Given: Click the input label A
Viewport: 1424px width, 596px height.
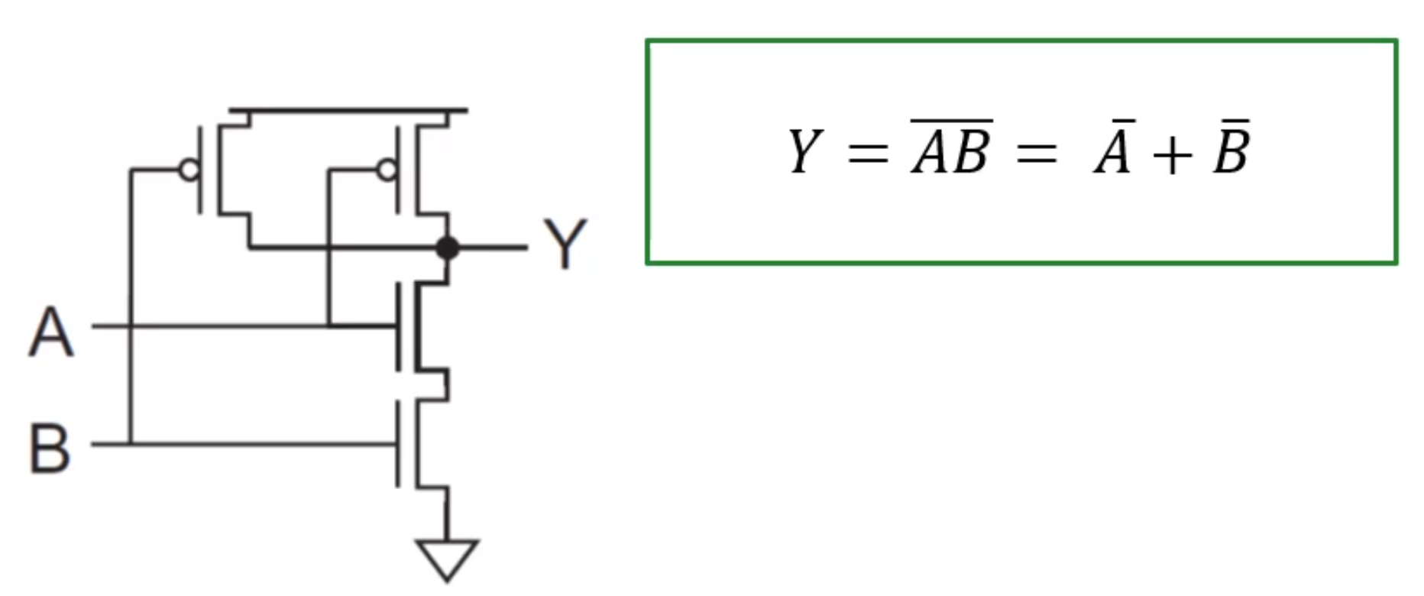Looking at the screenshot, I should (x=51, y=332).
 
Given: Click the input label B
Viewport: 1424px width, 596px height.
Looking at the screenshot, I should (x=50, y=449).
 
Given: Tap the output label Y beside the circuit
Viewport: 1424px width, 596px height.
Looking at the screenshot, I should (x=565, y=245).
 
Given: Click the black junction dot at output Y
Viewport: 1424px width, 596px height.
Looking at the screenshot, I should (x=448, y=248).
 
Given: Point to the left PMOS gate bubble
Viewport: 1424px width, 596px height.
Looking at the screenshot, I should (x=189, y=170).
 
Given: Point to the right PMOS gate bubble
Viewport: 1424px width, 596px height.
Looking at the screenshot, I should (x=387, y=170).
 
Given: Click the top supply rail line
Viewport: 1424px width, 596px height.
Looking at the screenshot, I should (x=348, y=111).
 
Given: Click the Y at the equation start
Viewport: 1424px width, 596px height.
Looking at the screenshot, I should (x=804, y=151).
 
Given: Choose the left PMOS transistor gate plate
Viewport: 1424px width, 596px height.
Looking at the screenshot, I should (x=201, y=170).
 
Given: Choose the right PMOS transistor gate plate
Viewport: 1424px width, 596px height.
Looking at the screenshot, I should (x=398, y=170).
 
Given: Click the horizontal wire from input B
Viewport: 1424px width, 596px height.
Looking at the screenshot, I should (x=260, y=443).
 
